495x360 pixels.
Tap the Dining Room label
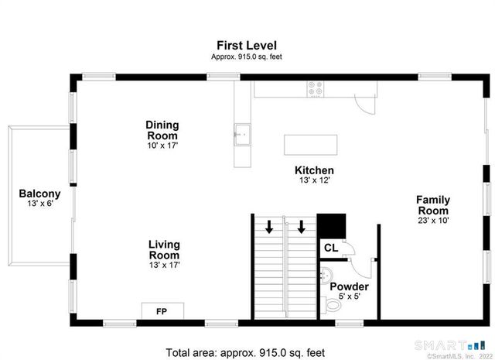[x=162, y=130]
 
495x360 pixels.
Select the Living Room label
[x=164, y=250]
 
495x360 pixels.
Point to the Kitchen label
[x=314, y=170]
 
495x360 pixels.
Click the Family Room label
[x=433, y=205]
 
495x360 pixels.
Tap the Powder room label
[x=349, y=286]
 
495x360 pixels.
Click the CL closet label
[x=329, y=249]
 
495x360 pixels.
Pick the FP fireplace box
[x=162, y=311]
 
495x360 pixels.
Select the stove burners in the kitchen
[x=316, y=89]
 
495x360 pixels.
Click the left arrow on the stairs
[x=268, y=227]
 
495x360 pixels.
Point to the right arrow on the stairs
[x=301, y=227]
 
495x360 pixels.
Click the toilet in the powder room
[x=333, y=306]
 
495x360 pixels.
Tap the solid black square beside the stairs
[x=333, y=226]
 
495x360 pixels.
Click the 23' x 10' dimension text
[x=433, y=221]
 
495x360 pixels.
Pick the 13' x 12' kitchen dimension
[x=314, y=181]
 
